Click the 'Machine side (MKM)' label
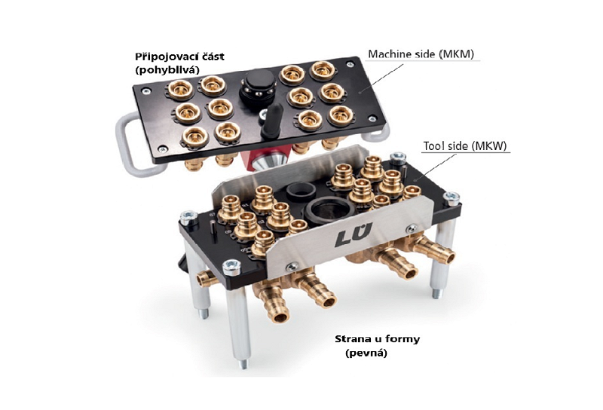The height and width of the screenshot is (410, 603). point(421,54)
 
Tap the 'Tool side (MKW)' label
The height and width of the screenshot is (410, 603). point(465,146)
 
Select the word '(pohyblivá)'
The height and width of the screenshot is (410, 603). point(167,70)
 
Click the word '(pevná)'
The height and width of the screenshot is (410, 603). point(366,353)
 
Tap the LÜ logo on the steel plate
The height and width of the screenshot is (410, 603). point(354,234)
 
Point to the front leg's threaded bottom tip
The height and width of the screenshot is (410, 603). point(243,363)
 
